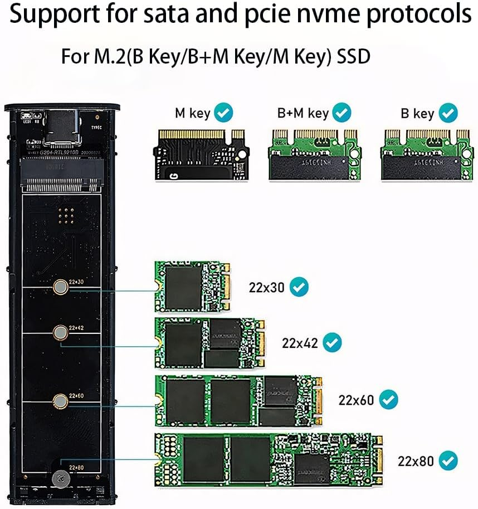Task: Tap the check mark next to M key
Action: click(224, 113)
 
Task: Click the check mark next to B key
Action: click(448, 113)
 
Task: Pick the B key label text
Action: click(417, 114)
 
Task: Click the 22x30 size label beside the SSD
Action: click(266, 288)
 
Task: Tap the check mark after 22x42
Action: click(333, 342)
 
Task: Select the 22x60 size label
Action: click(356, 400)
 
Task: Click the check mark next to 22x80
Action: click(448, 461)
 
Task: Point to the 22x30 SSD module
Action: click(192, 288)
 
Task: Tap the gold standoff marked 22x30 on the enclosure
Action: click(59, 287)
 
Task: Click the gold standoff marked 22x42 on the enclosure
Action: click(59, 333)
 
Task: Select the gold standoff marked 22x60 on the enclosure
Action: click(59, 400)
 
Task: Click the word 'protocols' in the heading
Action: click(418, 14)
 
